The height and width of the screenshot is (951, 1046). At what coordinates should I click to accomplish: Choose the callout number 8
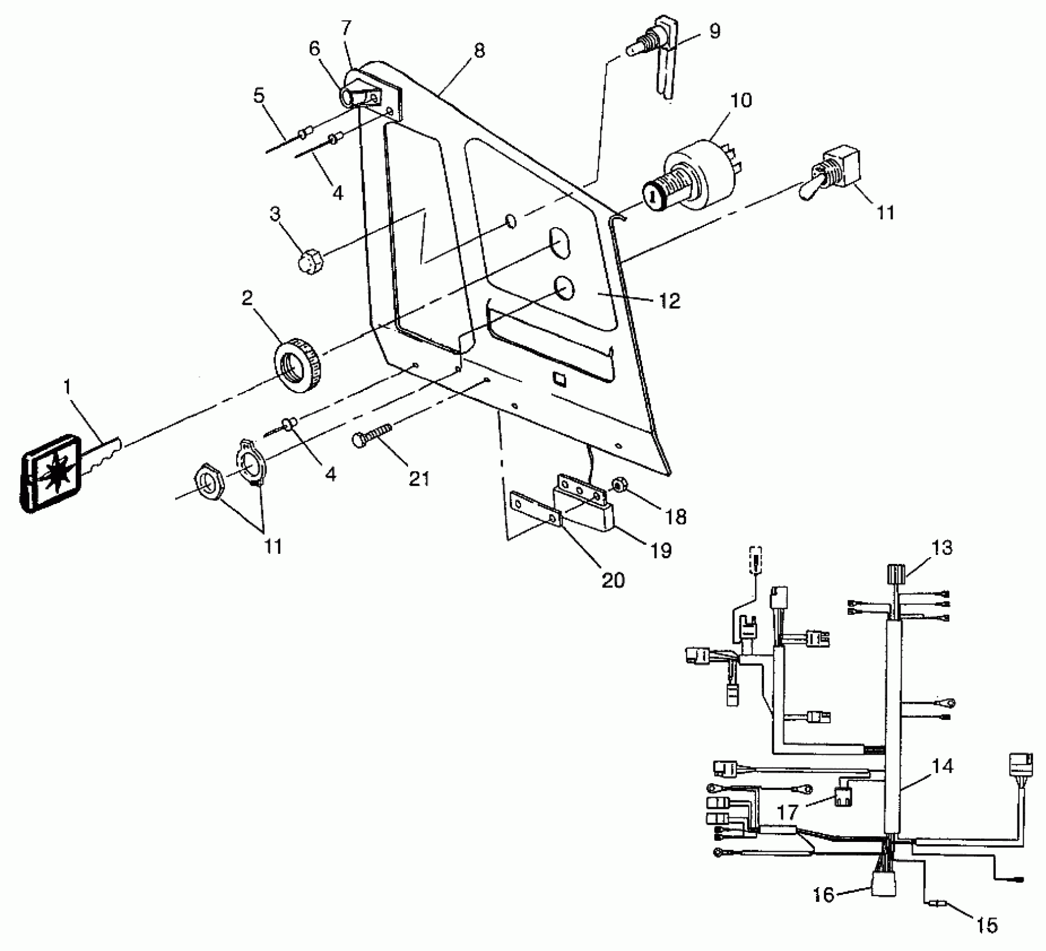click(x=479, y=51)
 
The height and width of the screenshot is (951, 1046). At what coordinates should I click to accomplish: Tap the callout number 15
click(x=987, y=925)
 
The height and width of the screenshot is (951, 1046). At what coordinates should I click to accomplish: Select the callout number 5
click(x=259, y=95)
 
